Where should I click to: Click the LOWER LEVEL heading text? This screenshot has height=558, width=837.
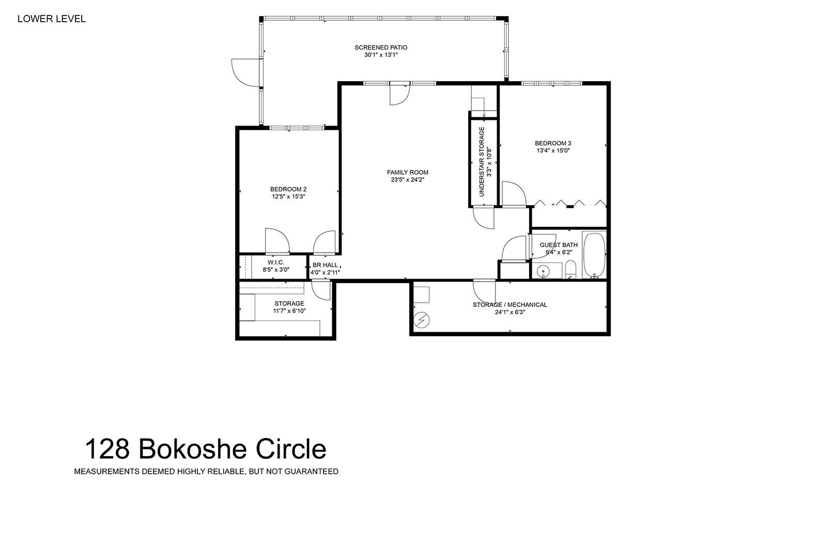[52, 19]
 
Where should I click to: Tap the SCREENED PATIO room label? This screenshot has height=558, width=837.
[381, 48]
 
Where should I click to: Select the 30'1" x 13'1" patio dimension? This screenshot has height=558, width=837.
[381, 55]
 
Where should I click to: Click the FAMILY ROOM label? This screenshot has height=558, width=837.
[407, 172]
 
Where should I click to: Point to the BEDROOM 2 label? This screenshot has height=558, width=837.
[288, 189]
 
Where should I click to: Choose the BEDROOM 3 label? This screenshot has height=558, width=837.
[553, 143]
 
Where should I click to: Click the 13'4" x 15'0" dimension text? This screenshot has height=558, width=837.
[553, 151]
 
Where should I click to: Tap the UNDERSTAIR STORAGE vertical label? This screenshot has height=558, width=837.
[482, 161]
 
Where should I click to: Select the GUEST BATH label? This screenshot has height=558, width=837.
[558, 245]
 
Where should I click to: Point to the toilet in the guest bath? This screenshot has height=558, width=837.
[570, 269]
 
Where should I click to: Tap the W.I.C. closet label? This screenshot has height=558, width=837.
[276, 262]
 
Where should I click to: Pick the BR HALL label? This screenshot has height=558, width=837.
[325, 265]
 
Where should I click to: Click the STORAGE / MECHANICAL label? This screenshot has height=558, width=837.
[509, 305]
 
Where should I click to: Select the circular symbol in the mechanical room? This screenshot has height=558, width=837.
[422, 320]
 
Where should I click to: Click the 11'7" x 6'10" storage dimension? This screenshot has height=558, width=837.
[289, 311]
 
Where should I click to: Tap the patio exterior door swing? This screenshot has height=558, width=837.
[245, 73]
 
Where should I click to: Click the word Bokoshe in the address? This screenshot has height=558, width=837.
[193, 449]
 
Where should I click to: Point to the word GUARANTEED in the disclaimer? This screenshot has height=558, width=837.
[311, 472]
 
